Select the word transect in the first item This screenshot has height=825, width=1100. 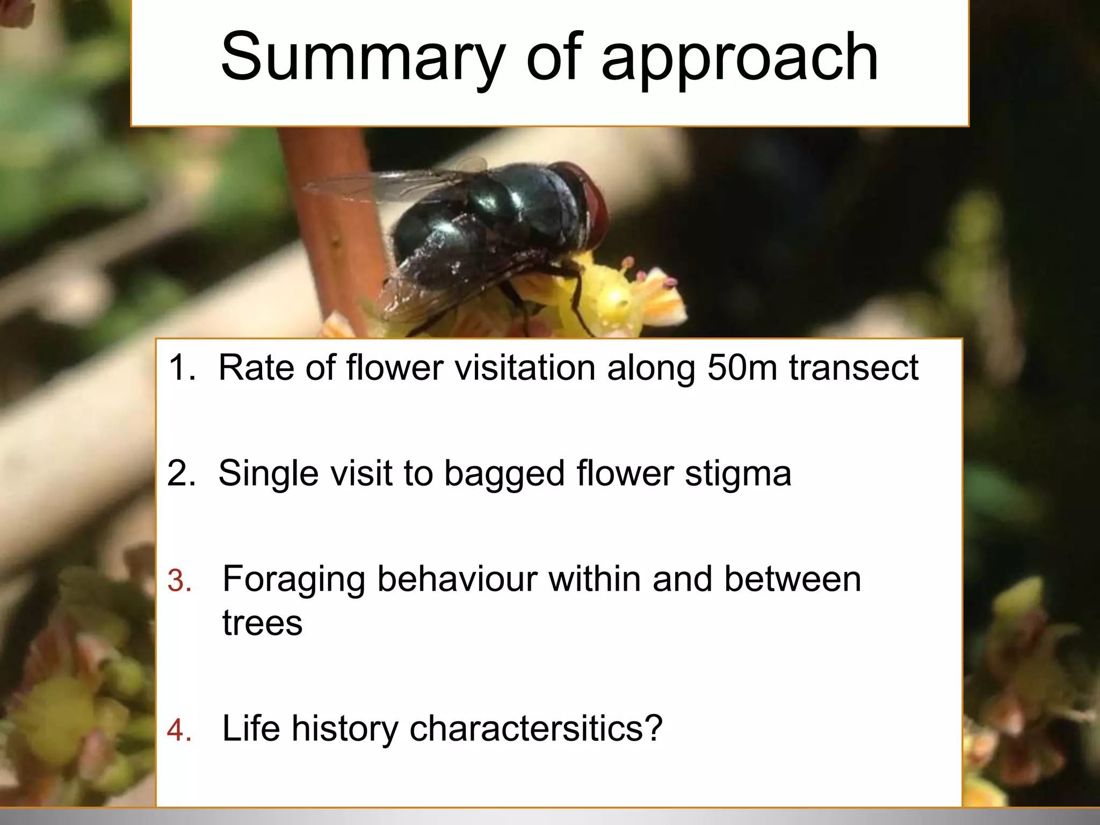point(853,368)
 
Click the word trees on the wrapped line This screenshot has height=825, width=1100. point(262,623)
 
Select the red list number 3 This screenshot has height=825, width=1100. point(179,581)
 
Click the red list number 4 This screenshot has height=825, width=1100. point(179,730)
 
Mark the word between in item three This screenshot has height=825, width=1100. point(792,579)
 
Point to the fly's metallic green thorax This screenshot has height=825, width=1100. point(532,199)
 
